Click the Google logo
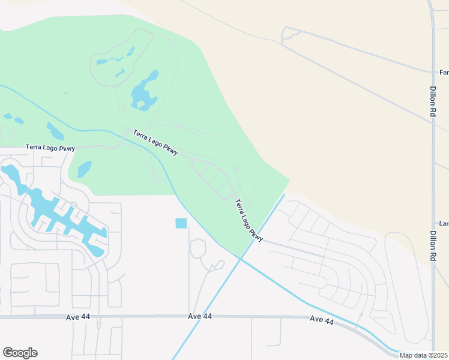pyautogui.click(x=20, y=353)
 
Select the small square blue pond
pyautogui.click(x=181, y=223)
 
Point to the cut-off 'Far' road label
pyautogui.click(x=444, y=73)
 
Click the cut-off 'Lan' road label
pyautogui.click(x=444, y=223)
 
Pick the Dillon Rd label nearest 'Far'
pyautogui.click(x=433, y=101)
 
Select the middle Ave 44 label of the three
pyautogui.click(x=200, y=316)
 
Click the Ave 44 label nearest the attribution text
pyautogui.click(x=322, y=320)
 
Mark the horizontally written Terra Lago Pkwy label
pyautogui.click(x=50, y=147)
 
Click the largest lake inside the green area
pyautogui.click(x=143, y=93)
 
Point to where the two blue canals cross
pyautogui.click(x=240, y=259)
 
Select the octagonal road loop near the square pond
pyautogui.click(x=198, y=248)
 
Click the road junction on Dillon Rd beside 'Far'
pyautogui.click(x=433, y=73)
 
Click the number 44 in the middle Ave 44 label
pyautogui.click(x=207, y=316)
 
